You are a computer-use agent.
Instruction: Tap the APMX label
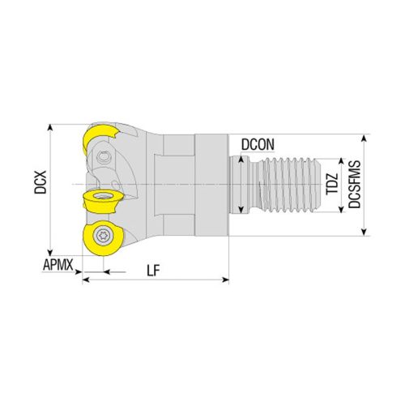click(x=59, y=264)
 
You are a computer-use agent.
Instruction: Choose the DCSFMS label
click(x=354, y=185)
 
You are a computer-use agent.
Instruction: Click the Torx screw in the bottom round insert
click(x=103, y=236)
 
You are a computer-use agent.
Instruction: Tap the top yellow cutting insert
click(x=100, y=140)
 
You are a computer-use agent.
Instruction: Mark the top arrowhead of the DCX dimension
click(x=51, y=127)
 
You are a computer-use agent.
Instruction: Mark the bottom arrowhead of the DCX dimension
click(x=51, y=252)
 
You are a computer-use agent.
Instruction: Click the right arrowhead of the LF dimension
click(x=226, y=280)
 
